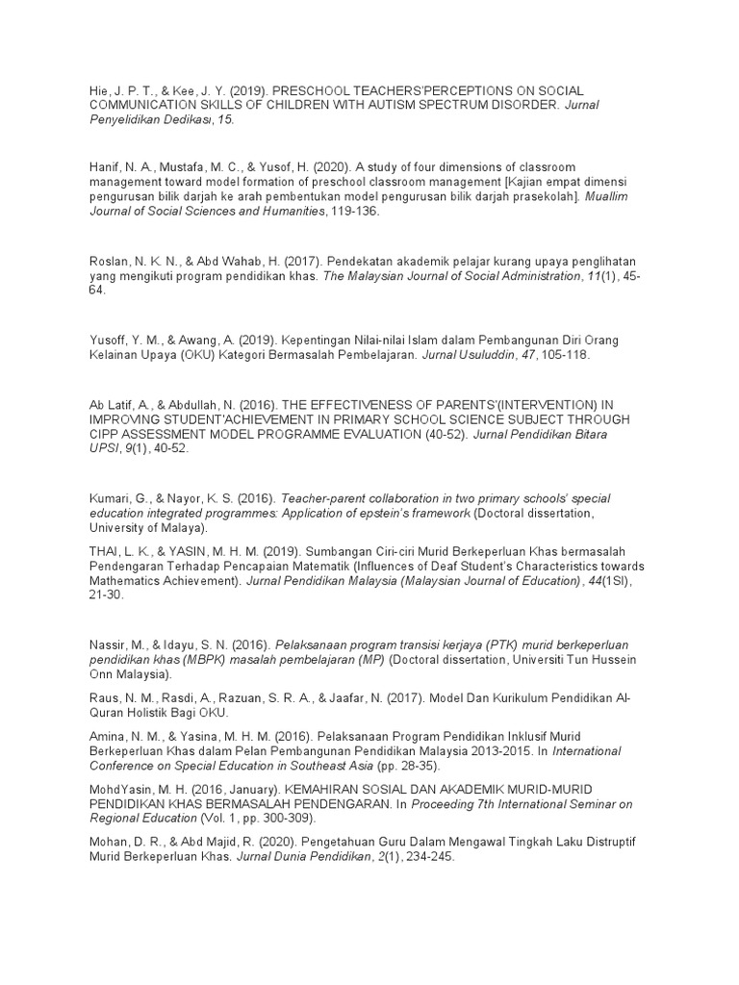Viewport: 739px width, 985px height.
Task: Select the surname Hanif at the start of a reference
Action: tap(105, 167)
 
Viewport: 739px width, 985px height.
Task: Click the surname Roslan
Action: tap(108, 262)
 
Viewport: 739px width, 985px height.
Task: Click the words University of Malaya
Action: tap(145, 528)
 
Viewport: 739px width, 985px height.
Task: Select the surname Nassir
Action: tap(109, 643)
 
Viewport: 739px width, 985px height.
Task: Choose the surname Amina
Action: tap(108, 735)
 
